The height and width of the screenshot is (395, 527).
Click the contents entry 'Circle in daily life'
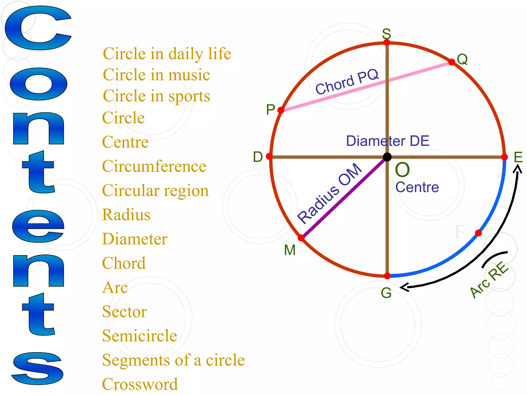pyautogui.click(x=167, y=54)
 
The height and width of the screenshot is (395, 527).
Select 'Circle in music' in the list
pyautogui.click(x=156, y=75)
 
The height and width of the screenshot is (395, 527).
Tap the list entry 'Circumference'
pyautogui.click(x=154, y=166)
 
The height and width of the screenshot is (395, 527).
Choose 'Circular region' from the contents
pyautogui.click(x=155, y=191)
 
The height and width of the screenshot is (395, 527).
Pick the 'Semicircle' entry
pyautogui.click(x=140, y=336)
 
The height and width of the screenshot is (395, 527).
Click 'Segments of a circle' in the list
pyautogui.click(x=173, y=360)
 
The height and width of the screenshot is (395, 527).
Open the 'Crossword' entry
pyautogui.click(x=140, y=384)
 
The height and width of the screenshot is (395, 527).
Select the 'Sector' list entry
pyautogui.click(x=125, y=312)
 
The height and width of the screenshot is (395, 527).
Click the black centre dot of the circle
pyautogui.click(x=387, y=157)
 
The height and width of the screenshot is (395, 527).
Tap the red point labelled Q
pyautogui.click(x=452, y=62)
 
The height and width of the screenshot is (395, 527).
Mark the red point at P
pyautogui.click(x=281, y=110)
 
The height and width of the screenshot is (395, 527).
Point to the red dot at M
pyautogui.click(x=301, y=238)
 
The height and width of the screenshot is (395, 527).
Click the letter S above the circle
pyautogui.click(x=387, y=34)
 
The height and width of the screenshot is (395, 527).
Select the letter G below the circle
pyautogui.click(x=386, y=293)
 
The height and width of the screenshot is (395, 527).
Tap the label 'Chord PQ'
pyautogui.click(x=347, y=82)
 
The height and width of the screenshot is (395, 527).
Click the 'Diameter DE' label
pyautogui.click(x=388, y=141)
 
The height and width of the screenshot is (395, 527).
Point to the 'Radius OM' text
pyautogui.click(x=330, y=193)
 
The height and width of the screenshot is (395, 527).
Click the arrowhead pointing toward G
pyautogui.click(x=404, y=287)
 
